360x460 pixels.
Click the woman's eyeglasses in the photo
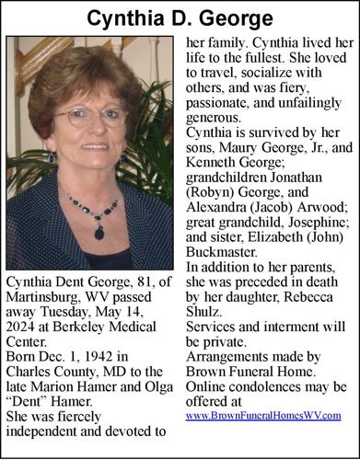89,118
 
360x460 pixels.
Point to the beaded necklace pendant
99,232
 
